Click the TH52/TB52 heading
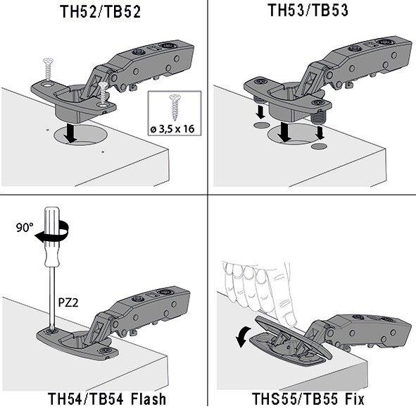point(100,12)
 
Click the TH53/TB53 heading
point(308,11)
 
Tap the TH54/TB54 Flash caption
point(107,399)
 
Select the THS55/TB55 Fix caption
point(308,399)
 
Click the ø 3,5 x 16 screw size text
point(172,129)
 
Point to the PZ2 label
point(68,302)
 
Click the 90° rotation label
point(25,228)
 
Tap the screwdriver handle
point(53,237)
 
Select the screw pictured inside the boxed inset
point(175,107)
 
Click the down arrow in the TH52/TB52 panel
point(70,133)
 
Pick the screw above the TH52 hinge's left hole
point(49,68)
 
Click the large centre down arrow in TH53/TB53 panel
point(284,132)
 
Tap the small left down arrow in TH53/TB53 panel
point(260,111)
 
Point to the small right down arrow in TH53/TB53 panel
point(320,133)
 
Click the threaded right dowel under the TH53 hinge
point(318,116)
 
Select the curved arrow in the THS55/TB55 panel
point(243,337)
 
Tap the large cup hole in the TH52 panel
point(80,135)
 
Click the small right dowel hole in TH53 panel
point(319,146)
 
